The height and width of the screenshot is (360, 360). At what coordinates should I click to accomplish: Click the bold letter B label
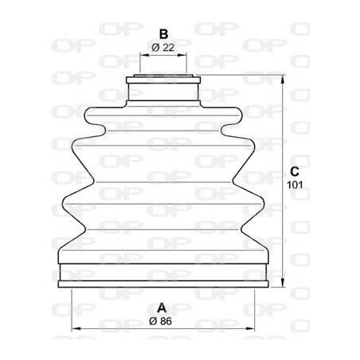[x=162, y=34]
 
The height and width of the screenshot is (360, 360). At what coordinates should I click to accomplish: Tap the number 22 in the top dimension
[x=168, y=48]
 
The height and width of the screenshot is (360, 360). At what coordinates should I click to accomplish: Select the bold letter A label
[x=162, y=307]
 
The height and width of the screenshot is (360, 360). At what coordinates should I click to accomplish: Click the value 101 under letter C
[x=294, y=185]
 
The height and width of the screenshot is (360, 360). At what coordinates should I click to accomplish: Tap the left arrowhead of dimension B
[x=144, y=57]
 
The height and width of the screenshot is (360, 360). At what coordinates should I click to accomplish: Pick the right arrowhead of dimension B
[x=184, y=57]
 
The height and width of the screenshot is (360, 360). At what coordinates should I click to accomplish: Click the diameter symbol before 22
[x=155, y=48]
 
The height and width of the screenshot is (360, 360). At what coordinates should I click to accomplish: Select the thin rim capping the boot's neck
[x=163, y=78]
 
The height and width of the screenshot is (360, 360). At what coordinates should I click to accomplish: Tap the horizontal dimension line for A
[x=119, y=327]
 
